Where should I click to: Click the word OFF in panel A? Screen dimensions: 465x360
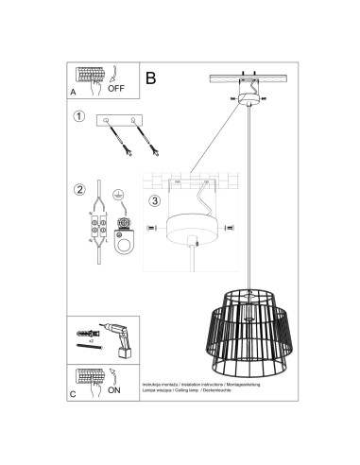tap(116, 90)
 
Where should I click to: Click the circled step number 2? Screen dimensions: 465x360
tap(79, 189)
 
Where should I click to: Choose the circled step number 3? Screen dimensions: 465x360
tap(153, 200)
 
